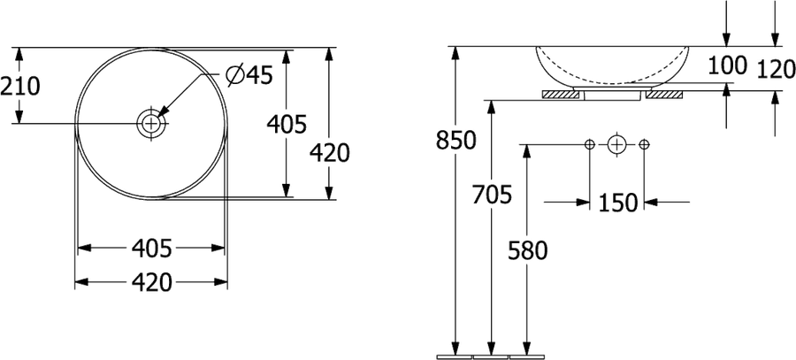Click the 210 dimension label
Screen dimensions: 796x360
point(19,87)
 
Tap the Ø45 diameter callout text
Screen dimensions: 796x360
point(249,76)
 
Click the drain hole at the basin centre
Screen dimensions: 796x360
point(150,123)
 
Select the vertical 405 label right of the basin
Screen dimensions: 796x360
point(287,125)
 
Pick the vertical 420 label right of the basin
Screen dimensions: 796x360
point(330,153)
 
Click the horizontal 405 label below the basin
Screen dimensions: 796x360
point(152,249)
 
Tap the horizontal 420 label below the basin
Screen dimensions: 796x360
point(152,282)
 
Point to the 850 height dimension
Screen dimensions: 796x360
point(455,140)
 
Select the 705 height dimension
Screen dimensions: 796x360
point(492,195)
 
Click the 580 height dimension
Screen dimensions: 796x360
point(527,251)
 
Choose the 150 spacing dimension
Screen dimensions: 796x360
point(617,203)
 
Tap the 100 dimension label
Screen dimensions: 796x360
point(728,65)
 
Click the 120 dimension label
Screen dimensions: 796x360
point(776,70)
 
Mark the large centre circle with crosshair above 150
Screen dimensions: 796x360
point(616,145)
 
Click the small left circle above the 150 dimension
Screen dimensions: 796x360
point(589,145)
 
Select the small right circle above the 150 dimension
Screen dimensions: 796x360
point(644,145)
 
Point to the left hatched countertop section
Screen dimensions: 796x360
point(561,95)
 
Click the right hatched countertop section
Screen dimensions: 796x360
point(664,95)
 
